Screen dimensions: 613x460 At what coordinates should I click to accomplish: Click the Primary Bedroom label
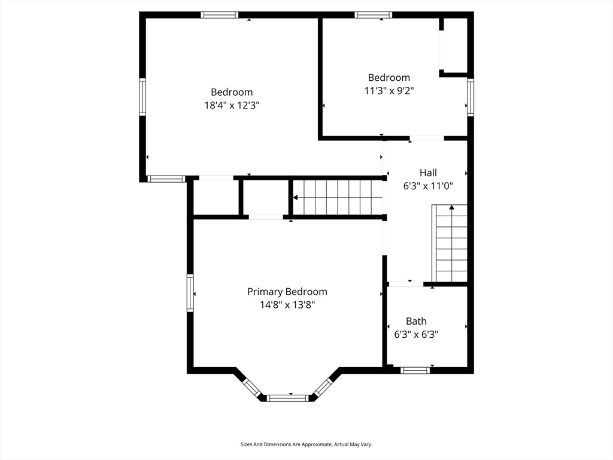pyautogui.click(x=287, y=292)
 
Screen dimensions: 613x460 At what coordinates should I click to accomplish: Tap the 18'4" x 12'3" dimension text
pyautogui.click(x=232, y=105)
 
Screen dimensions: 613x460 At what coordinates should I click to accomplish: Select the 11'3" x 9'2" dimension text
pyautogui.click(x=389, y=91)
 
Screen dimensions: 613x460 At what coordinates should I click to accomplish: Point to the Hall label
pyautogui.click(x=428, y=172)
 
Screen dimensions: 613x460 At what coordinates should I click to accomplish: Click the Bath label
pyautogui.click(x=416, y=321)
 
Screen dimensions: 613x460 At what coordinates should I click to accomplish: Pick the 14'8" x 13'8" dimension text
pyautogui.click(x=287, y=305)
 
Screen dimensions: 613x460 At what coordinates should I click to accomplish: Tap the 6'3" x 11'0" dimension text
pyautogui.click(x=428, y=186)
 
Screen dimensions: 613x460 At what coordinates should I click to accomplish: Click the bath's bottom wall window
pyautogui.click(x=415, y=370)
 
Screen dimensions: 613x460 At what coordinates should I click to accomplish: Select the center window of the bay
pyautogui.click(x=288, y=398)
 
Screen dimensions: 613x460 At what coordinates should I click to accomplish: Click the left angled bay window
pyautogui.click(x=252, y=388)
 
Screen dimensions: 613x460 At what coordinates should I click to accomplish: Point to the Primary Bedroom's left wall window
pyautogui.click(x=190, y=293)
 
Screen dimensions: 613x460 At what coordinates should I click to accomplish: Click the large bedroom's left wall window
pyautogui.click(x=142, y=97)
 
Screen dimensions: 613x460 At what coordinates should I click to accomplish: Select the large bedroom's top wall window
pyautogui.click(x=220, y=15)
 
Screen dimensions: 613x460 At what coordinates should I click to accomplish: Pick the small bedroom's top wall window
pyautogui.click(x=374, y=15)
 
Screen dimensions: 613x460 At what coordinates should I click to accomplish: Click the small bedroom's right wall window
pyautogui.click(x=471, y=98)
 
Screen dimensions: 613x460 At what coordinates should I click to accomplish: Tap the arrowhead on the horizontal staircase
pyautogui.click(x=296, y=198)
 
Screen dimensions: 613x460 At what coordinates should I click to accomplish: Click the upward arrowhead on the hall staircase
pyautogui.click(x=452, y=207)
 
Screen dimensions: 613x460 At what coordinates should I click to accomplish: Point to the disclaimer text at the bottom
pyautogui.click(x=306, y=444)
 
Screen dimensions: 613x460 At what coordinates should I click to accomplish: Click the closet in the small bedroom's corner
pyautogui.click(x=455, y=46)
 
